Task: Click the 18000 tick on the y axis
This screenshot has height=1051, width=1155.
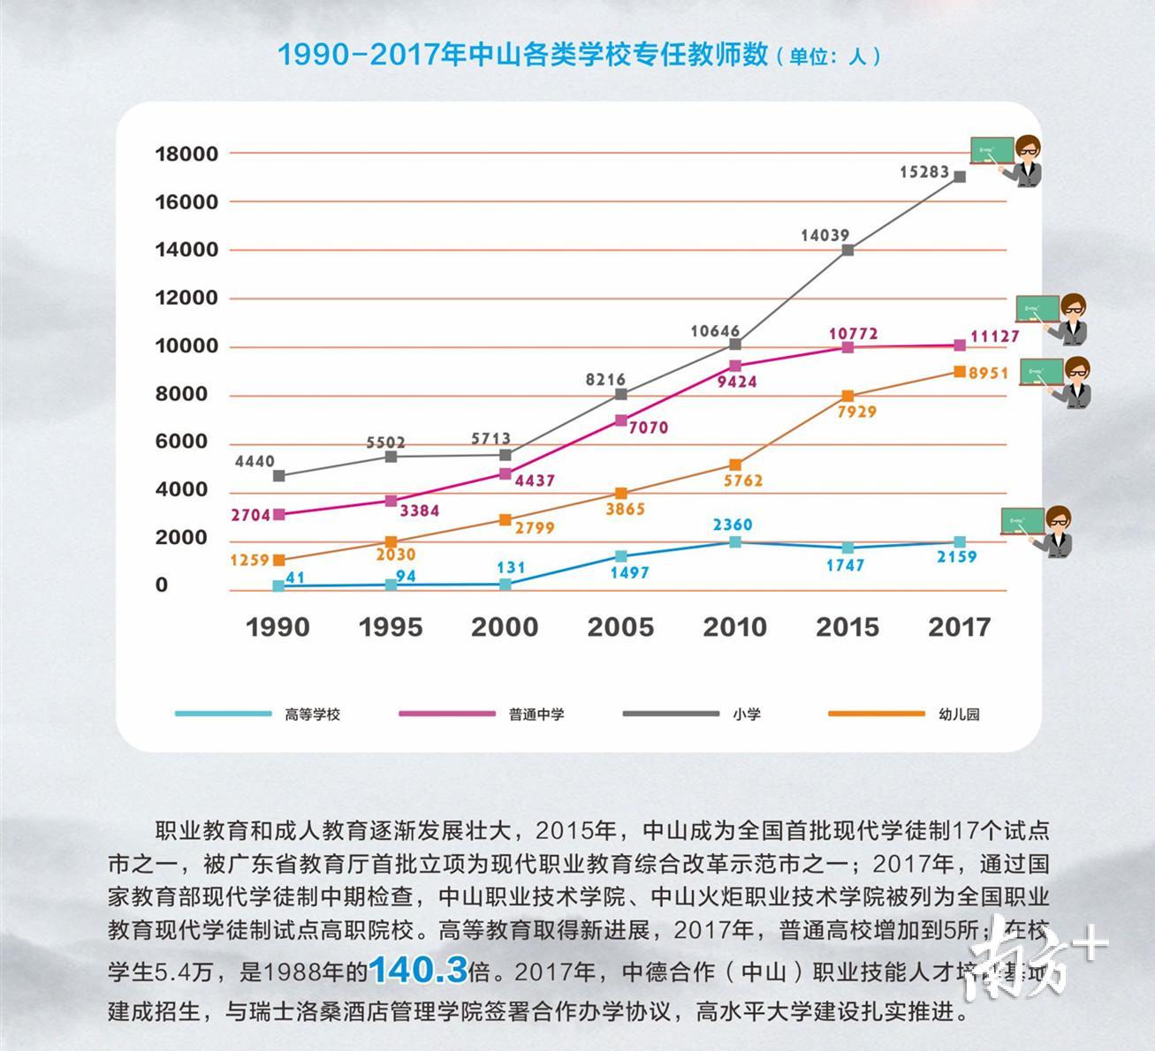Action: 186,154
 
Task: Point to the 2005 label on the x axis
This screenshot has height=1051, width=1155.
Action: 620,627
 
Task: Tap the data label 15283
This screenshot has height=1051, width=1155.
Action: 924,172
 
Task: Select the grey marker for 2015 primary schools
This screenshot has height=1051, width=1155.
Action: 847,250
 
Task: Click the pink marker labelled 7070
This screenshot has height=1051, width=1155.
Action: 621,420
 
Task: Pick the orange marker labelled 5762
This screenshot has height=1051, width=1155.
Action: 735,465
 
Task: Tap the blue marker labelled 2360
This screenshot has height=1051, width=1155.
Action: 735,541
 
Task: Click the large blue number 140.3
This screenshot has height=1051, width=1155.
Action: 418,972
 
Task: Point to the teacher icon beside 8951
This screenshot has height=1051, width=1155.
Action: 1056,382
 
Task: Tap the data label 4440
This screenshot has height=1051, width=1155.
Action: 255,461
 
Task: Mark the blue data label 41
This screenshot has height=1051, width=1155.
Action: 295,578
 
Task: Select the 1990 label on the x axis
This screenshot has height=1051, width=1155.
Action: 277,627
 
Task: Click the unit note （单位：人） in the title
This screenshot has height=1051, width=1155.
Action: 828,57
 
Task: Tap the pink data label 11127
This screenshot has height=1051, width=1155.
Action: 994,336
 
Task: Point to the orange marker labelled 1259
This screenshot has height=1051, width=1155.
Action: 279,560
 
